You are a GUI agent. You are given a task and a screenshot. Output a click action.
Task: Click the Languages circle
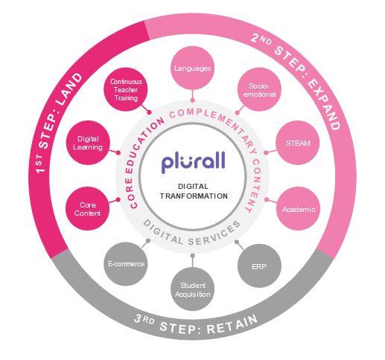[x=193, y=68]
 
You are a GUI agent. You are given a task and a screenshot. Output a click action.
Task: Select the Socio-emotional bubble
[x=259, y=89]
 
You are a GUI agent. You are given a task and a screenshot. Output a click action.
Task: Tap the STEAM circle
[x=298, y=143]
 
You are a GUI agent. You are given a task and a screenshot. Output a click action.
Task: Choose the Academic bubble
[x=299, y=209]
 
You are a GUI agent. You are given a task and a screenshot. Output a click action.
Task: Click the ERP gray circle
[x=259, y=266]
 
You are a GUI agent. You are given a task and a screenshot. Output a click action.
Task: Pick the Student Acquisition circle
[x=193, y=289]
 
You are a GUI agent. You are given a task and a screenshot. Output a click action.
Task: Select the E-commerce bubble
[x=126, y=264]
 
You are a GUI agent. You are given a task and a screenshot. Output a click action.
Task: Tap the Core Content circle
[x=87, y=209]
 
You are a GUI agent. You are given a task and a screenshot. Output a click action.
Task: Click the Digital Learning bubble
[x=88, y=143]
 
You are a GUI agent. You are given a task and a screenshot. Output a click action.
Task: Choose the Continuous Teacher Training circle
[x=126, y=89]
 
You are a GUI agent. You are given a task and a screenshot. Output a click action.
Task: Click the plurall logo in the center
[x=193, y=162]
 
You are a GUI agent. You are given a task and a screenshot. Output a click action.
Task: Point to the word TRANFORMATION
[x=194, y=196]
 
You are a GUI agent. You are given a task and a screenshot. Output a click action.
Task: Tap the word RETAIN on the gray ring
[x=232, y=324]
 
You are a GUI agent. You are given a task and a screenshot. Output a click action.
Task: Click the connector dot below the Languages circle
[x=193, y=100]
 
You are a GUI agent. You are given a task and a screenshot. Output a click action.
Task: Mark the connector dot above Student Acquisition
[x=193, y=256]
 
